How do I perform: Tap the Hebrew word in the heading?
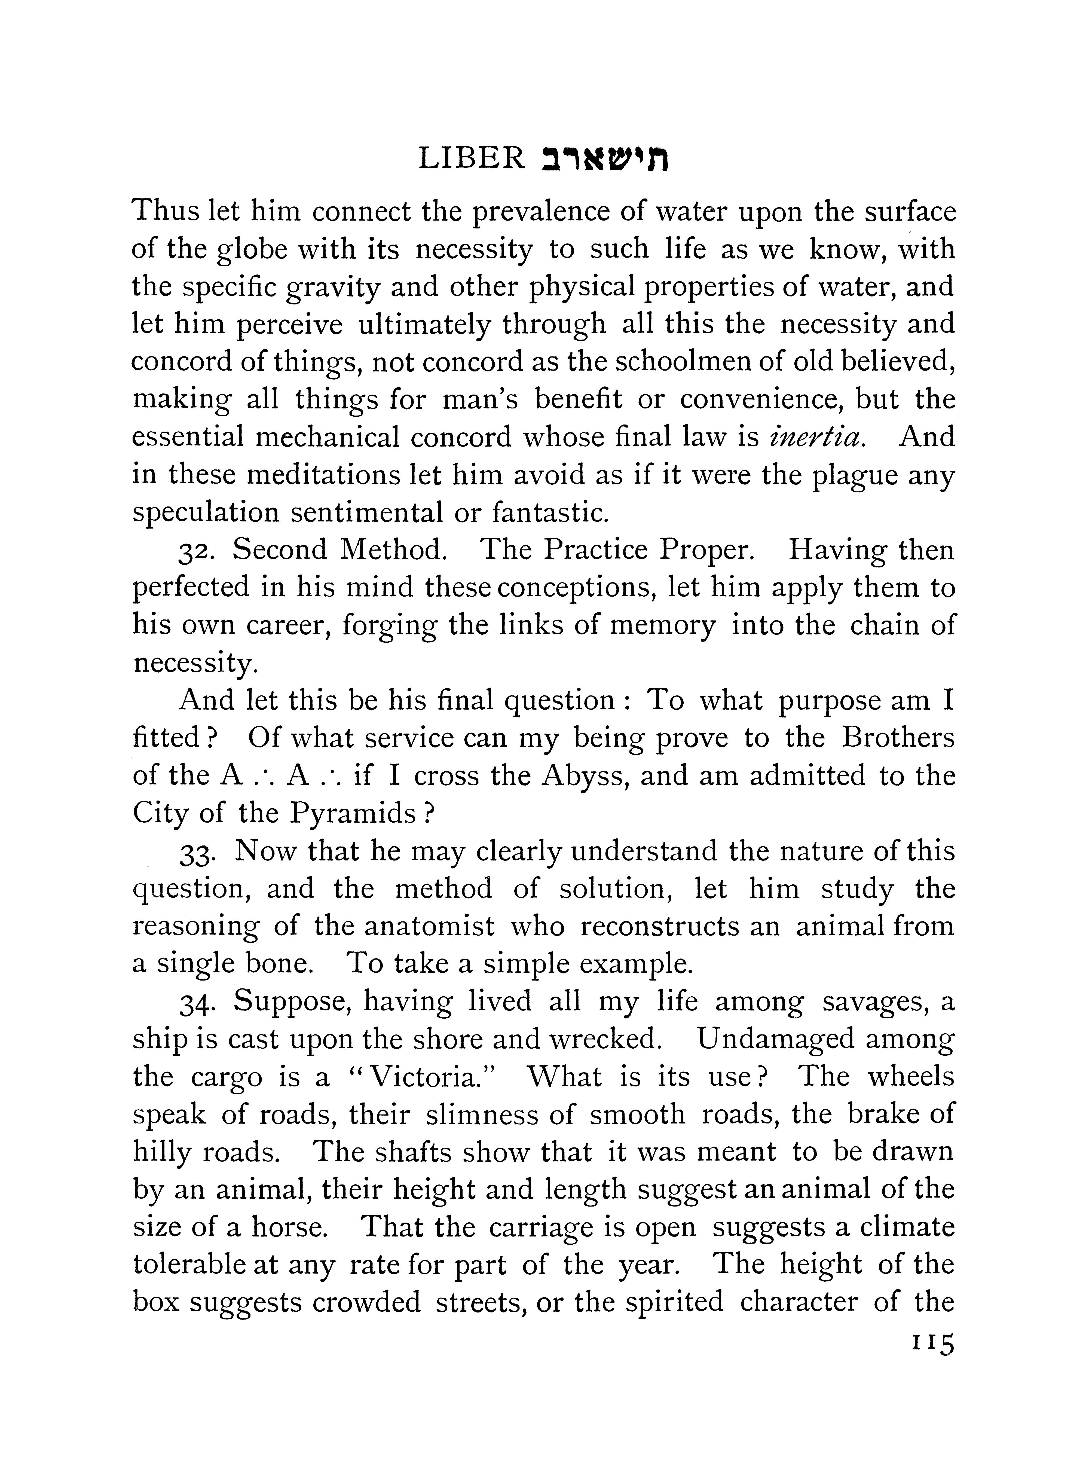point(605,160)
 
